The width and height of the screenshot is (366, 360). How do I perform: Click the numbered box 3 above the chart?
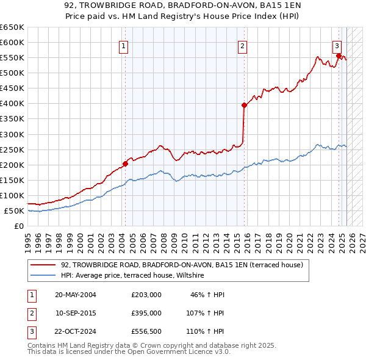(x=337, y=45)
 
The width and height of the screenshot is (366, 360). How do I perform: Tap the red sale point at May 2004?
(x=125, y=164)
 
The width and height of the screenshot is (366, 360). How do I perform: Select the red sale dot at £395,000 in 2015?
(x=244, y=105)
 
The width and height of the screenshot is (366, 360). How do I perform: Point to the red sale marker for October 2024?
(x=339, y=56)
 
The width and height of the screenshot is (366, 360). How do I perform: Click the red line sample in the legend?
(x=43, y=265)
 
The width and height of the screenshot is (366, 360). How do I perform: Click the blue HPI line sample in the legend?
(x=43, y=275)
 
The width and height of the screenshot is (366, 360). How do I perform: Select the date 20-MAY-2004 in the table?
(x=76, y=295)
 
